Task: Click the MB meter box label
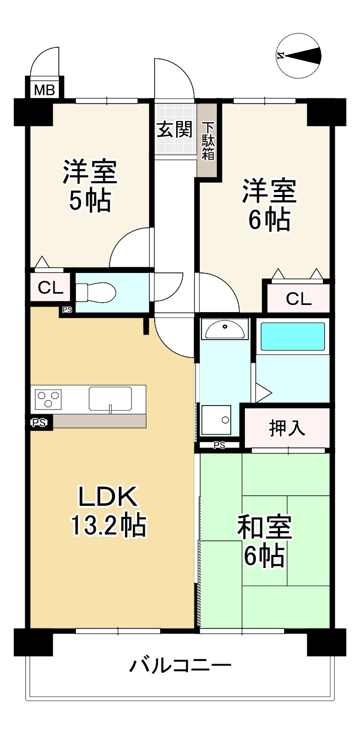[45, 90]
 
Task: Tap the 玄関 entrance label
[175, 130]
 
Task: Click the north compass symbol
[298, 56]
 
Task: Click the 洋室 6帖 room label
[269, 205]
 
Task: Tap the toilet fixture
[95, 291]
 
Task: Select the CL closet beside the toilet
[50, 287]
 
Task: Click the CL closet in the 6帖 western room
[298, 298]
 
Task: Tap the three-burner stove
[48, 399]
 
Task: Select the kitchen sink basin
[110, 398]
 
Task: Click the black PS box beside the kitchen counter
[39, 423]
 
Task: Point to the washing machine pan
[216, 420]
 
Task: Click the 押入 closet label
[287, 428]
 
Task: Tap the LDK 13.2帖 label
[108, 511]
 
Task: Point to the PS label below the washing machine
[220, 445]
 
